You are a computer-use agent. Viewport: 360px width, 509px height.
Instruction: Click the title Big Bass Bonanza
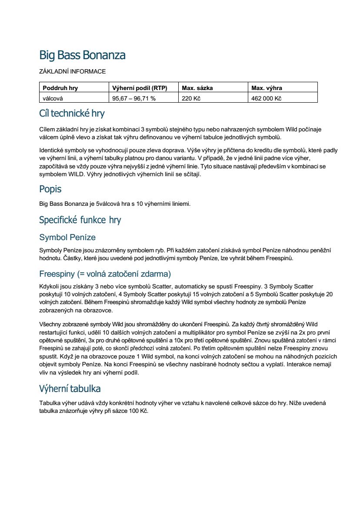(82, 55)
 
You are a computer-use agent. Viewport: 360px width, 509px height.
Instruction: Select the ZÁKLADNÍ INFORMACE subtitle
(72, 71)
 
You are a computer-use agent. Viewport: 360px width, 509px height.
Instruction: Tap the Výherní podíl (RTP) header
(140, 88)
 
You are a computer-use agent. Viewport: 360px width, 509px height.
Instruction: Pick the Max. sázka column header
(197, 88)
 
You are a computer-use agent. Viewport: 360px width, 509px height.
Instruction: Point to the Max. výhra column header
(267, 88)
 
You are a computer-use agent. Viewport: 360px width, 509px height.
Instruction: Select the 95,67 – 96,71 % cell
(134, 98)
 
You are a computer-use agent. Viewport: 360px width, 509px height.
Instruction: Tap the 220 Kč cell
(191, 98)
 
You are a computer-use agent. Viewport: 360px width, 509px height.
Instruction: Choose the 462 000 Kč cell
(267, 98)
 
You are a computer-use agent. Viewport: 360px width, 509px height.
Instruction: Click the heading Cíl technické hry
(72, 114)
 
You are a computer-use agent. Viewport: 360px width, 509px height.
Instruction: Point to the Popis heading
(50, 189)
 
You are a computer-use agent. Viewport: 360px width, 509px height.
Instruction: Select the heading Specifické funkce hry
(80, 220)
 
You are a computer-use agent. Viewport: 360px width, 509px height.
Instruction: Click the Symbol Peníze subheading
(67, 238)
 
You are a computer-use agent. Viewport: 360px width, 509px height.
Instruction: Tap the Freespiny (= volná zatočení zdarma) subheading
(105, 274)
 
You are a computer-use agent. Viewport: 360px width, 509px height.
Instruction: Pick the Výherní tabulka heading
(70, 388)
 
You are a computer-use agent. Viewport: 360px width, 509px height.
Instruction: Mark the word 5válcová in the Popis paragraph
(108, 204)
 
